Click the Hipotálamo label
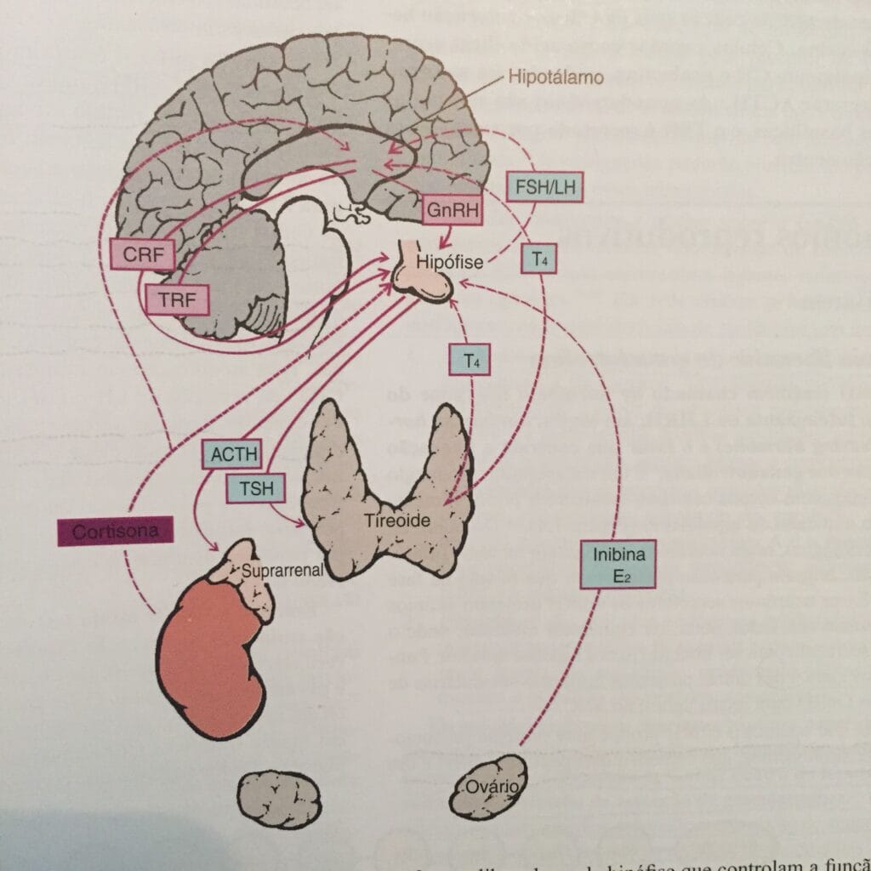(x=555, y=77)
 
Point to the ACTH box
(x=231, y=454)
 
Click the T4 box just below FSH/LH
(x=539, y=260)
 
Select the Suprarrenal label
(x=282, y=571)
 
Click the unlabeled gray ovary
(x=280, y=799)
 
